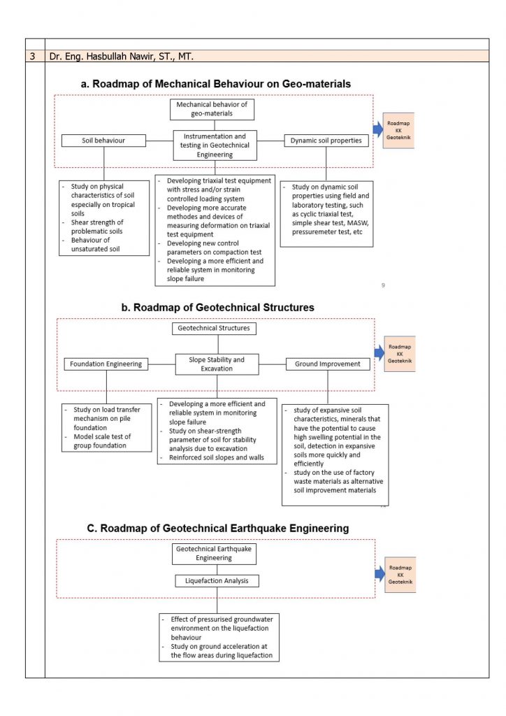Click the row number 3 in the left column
point(34,56)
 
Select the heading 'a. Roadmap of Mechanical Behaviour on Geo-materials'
point(216,84)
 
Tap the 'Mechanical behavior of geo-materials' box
point(212,109)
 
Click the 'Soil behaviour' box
point(103,141)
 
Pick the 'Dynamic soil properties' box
point(326,141)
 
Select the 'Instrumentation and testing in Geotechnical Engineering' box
point(215,145)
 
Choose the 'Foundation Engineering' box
point(106,364)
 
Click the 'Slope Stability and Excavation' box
point(217,364)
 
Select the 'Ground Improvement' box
point(327,364)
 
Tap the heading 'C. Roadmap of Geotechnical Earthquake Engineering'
point(217,528)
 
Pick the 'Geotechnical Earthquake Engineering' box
point(214,554)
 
